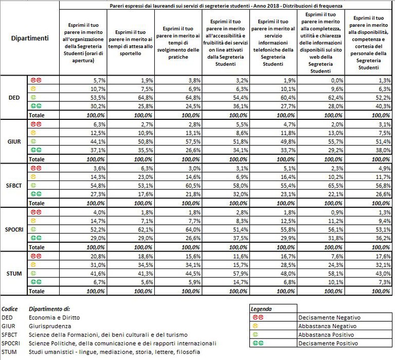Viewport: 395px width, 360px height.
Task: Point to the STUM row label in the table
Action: (x=14, y=273)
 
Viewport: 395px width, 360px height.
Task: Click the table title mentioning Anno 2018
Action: (x=226, y=5)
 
